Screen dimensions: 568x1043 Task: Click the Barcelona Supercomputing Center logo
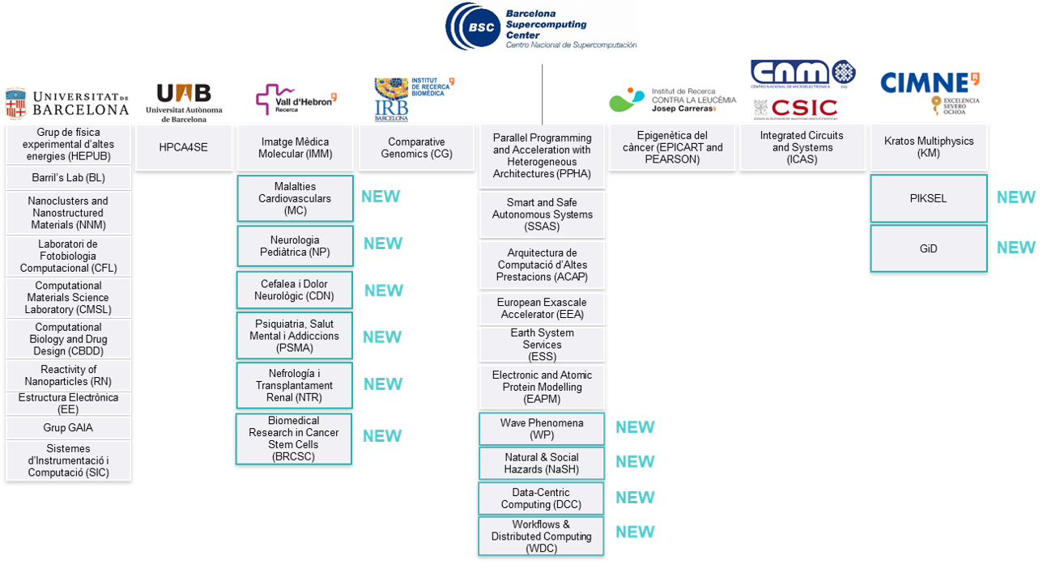[x=541, y=27]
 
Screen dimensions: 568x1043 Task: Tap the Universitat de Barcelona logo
[x=66, y=104]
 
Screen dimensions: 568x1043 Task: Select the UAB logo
[x=183, y=103]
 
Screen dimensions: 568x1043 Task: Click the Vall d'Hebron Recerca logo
[x=296, y=100]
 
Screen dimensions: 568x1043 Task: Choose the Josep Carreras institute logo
[x=672, y=100]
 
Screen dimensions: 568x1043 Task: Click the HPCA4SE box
[x=184, y=147]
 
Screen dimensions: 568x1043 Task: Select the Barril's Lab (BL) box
[x=68, y=178]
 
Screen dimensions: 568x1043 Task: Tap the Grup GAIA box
[x=68, y=427]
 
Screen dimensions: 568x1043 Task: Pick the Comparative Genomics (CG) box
[x=416, y=147]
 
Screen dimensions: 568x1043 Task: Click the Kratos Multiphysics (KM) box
[x=928, y=147]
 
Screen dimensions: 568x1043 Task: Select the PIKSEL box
[x=928, y=198]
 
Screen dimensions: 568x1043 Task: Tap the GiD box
[x=928, y=248]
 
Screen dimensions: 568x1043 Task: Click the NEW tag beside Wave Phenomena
[x=635, y=427]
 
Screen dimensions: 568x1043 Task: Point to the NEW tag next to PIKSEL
[x=1015, y=197]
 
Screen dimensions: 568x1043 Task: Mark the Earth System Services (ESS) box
[x=542, y=344]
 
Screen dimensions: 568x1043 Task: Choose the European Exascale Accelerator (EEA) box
[x=542, y=308]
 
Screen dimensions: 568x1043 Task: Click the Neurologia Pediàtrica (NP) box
[x=295, y=246]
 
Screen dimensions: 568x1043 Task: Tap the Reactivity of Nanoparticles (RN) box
[x=68, y=375]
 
